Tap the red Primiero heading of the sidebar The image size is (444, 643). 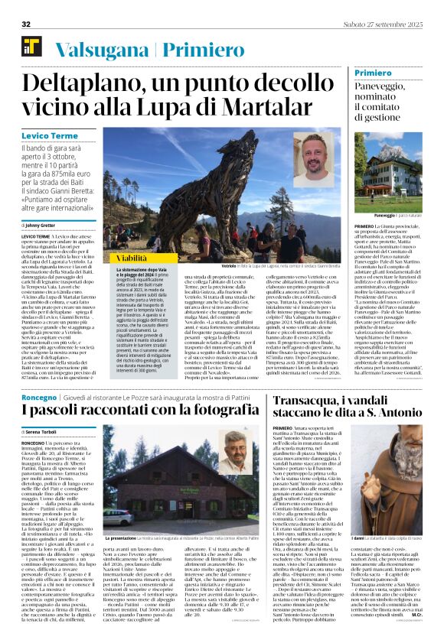pos(374,73)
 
